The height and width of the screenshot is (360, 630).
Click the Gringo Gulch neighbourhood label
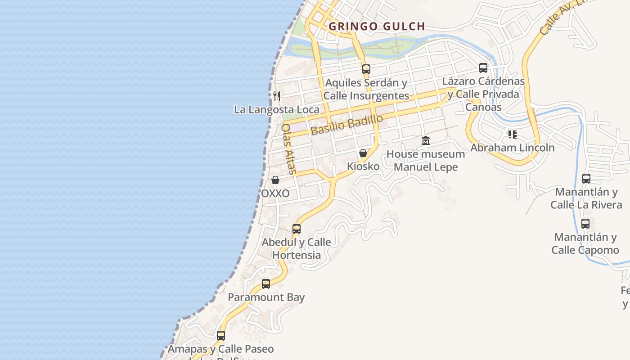click(377, 26)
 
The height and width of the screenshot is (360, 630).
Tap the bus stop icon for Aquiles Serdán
click(366, 69)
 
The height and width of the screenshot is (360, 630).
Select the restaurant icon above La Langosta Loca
click(277, 96)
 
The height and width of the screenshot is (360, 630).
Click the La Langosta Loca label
click(277, 109)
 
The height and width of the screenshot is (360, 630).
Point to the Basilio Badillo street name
click(346, 125)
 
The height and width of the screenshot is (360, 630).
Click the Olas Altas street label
click(288, 149)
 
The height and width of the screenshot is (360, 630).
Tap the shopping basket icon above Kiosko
click(363, 153)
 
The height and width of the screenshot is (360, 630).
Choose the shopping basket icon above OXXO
click(275, 180)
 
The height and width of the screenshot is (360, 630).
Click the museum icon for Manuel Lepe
click(426, 141)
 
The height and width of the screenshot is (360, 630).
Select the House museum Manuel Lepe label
click(426, 161)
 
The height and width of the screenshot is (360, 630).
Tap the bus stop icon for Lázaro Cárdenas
click(483, 68)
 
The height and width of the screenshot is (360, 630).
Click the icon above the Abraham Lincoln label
click(512, 134)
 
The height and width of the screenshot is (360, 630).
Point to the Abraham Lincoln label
click(513, 148)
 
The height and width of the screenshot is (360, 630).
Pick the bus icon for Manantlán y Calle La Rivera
click(586, 179)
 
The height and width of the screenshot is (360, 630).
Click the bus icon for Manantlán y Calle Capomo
click(585, 224)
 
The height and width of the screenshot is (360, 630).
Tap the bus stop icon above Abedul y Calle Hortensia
click(297, 229)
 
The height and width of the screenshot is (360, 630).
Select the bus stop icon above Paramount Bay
click(266, 284)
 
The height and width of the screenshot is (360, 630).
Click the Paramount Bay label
click(266, 297)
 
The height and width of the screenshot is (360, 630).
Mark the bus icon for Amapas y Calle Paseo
click(220, 336)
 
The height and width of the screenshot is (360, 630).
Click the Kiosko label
click(363, 166)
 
